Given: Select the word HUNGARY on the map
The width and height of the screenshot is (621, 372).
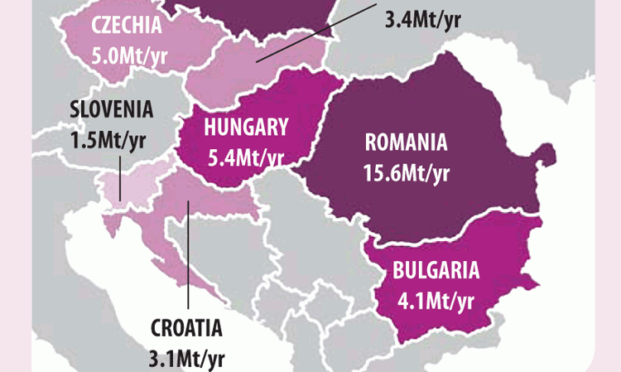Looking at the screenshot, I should pos(236,127).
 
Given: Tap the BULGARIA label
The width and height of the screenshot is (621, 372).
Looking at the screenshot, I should pos(436,269).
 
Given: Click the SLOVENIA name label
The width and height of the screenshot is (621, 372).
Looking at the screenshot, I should pos(112,109).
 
